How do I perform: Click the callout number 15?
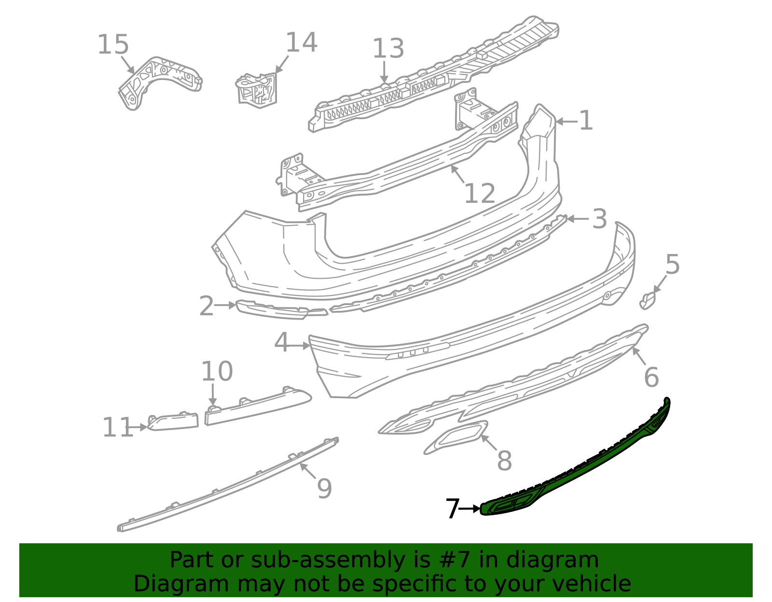pos(113,44)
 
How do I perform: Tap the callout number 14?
pos(301,42)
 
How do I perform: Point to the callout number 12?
pos(480,193)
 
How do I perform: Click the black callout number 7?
pos(453,508)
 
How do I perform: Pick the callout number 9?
pos(324,488)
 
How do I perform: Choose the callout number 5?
pos(672,264)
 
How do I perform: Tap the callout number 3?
pos(600,219)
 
